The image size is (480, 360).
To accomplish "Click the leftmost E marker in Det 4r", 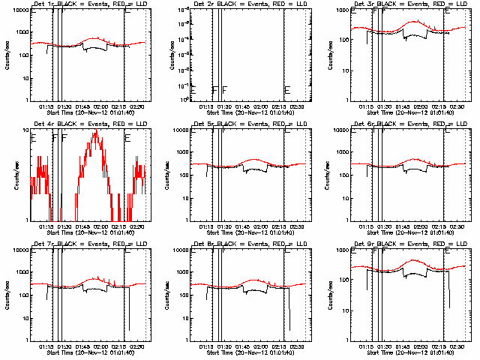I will click(x=33, y=138).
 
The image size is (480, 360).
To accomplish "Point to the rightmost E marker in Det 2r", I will click(x=287, y=91).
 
